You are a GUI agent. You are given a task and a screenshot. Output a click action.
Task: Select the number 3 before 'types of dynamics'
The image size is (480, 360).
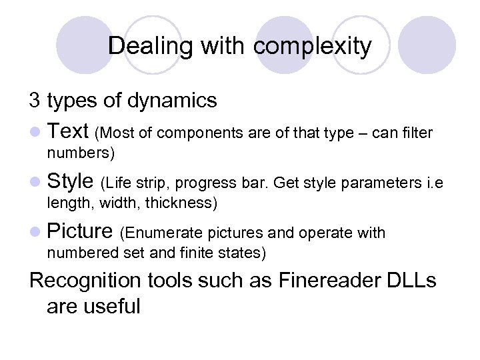(35, 101)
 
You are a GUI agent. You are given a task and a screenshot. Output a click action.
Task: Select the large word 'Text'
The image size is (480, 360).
(69, 131)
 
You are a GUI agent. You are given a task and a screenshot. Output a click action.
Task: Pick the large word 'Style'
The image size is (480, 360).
(71, 181)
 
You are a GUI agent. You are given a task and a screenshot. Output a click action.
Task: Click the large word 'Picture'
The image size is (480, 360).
(80, 231)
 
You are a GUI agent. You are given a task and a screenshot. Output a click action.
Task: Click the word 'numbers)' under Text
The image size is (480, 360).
(81, 153)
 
